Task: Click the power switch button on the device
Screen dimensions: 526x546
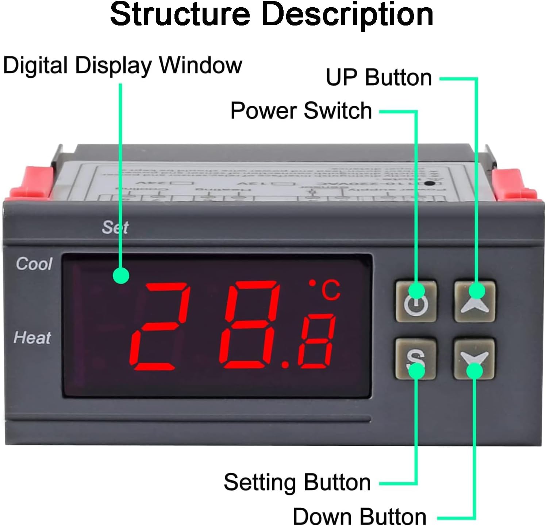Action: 416,301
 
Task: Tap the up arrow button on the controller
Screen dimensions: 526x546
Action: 474,301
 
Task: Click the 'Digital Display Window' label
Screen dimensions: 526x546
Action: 122,66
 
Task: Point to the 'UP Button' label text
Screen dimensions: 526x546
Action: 378,78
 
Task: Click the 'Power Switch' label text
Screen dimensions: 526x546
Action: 301,110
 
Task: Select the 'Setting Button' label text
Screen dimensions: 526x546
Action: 297,482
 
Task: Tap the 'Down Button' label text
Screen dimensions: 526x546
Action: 359,517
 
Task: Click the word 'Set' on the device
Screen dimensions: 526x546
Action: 115,227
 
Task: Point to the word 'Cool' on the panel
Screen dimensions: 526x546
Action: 34,264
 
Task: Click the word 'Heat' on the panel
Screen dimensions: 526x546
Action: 32,338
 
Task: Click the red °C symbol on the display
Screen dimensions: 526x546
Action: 326,290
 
